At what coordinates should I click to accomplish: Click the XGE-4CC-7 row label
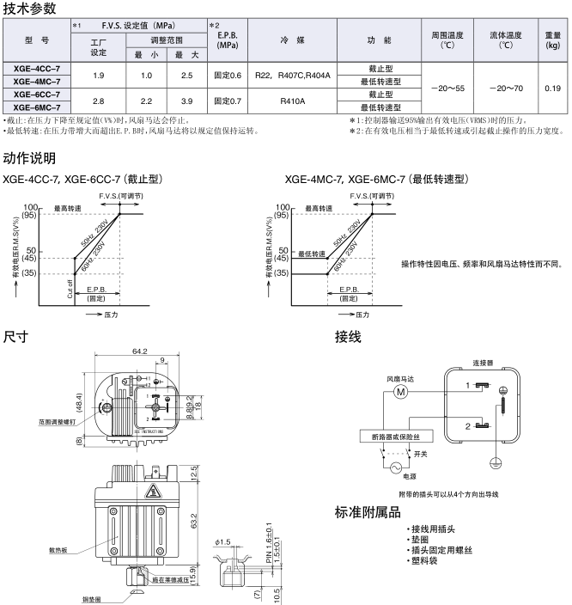click(x=37, y=67)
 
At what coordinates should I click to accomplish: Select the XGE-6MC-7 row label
click(x=37, y=107)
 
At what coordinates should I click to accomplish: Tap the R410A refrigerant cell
click(x=293, y=101)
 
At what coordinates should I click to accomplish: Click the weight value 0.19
click(x=552, y=88)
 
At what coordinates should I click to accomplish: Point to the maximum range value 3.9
click(x=186, y=101)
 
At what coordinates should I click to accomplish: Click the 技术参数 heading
click(x=30, y=9)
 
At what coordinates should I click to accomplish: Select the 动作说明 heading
click(x=30, y=158)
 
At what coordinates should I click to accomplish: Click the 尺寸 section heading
click(x=16, y=336)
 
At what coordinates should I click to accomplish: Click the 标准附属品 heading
click(x=368, y=513)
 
